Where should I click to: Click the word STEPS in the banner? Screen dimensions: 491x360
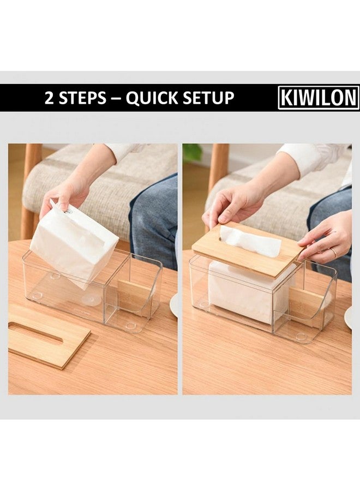click(x=83, y=98)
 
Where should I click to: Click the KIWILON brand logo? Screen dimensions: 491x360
click(x=319, y=98)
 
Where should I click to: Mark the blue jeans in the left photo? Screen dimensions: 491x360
click(x=155, y=218)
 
